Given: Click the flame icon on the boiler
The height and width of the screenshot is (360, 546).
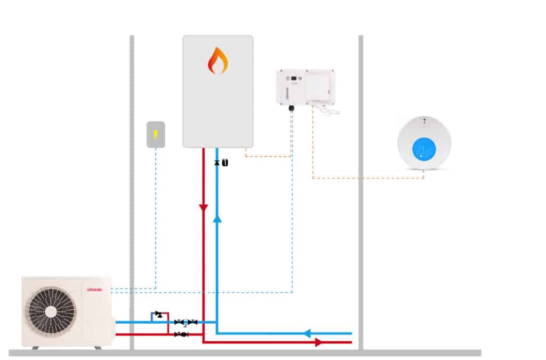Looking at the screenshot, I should pyautogui.click(x=218, y=60).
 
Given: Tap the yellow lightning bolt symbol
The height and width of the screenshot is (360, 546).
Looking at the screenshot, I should pyautogui.click(x=156, y=134).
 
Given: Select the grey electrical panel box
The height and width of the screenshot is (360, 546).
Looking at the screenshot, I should pyautogui.click(x=156, y=134).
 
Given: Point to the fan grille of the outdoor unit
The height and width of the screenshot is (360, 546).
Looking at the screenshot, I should pyautogui.click(x=51, y=311).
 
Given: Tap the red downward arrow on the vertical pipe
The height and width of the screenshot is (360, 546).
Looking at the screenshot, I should pyautogui.click(x=203, y=207).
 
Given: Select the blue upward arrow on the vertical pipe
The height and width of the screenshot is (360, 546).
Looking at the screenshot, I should pyautogui.click(x=217, y=218).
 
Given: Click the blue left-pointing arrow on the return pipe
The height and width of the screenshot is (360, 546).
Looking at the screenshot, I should pyautogui.click(x=307, y=333).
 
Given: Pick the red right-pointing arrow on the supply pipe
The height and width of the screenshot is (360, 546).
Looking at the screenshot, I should pyautogui.click(x=318, y=342).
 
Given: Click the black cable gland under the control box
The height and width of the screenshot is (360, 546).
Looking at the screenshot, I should pyautogui.click(x=291, y=108).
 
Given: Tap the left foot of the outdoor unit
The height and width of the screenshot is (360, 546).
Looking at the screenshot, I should pyautogui.click(x=35, y=348).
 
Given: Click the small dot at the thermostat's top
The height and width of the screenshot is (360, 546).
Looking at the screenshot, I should pyautogui.click(x=424, y=121).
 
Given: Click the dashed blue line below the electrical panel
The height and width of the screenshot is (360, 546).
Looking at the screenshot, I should pyautogui.click(x=156, y=213).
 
